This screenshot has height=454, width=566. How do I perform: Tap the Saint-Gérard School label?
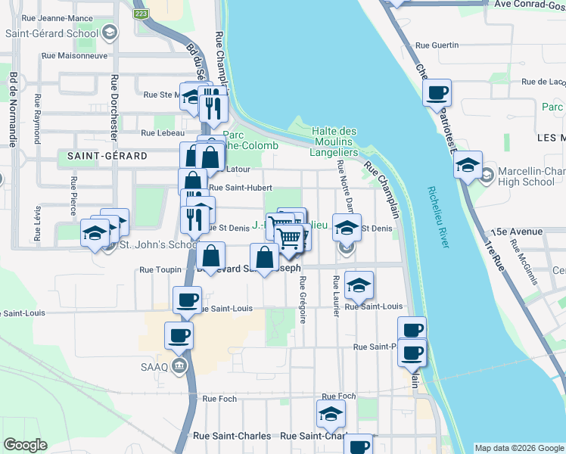[x=51, y=33]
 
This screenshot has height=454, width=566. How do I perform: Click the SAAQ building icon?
[x=179, y=367]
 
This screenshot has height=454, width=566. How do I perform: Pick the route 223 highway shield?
[x=140, y=13]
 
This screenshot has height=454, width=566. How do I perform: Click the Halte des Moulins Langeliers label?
[x=334, y=141]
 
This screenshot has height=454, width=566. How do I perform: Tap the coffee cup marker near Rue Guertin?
[x=437, y=94]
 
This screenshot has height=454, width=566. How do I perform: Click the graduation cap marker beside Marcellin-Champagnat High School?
[x=468, y=164]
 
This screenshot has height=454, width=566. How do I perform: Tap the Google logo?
[x=25, y=445]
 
